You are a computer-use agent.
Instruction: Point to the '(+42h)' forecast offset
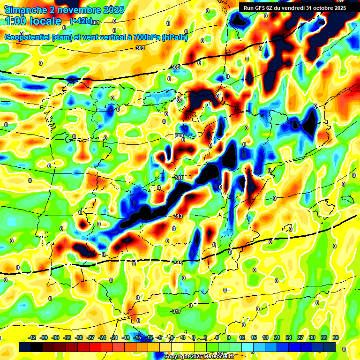(81, 21)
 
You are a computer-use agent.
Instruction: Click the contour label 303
(140, 48)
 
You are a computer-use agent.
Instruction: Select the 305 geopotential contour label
(175, 67)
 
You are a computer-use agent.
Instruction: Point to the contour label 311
(179, 178)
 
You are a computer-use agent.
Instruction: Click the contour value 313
(178, 216)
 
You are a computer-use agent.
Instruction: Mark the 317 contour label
(176, 311)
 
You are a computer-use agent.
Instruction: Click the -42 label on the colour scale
(33, 337)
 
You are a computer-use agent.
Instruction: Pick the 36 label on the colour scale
(336, 337)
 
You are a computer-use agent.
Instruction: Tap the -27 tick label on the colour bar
(91, 337)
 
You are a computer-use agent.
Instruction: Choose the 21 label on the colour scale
(277, 337)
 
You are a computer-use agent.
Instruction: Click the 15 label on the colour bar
(254, 337)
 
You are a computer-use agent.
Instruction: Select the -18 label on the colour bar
(126, 337)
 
